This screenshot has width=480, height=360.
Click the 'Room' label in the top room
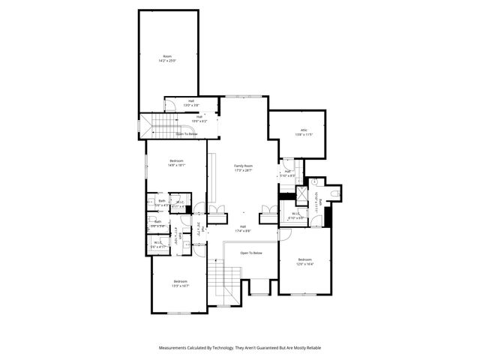[168, 56]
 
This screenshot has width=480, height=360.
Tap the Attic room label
[304, 130]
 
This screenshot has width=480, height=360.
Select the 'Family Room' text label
[243, 166]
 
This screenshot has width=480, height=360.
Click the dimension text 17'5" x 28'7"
[243, 171]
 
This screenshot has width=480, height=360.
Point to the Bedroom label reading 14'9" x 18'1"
[176, 161]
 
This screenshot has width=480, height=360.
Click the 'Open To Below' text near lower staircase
[251, 253]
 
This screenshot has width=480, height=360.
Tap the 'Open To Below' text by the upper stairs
[187, 133]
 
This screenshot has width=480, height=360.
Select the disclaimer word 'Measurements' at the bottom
[176, 348]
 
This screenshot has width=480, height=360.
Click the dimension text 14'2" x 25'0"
[168, 61]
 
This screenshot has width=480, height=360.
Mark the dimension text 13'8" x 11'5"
[304, 135]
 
